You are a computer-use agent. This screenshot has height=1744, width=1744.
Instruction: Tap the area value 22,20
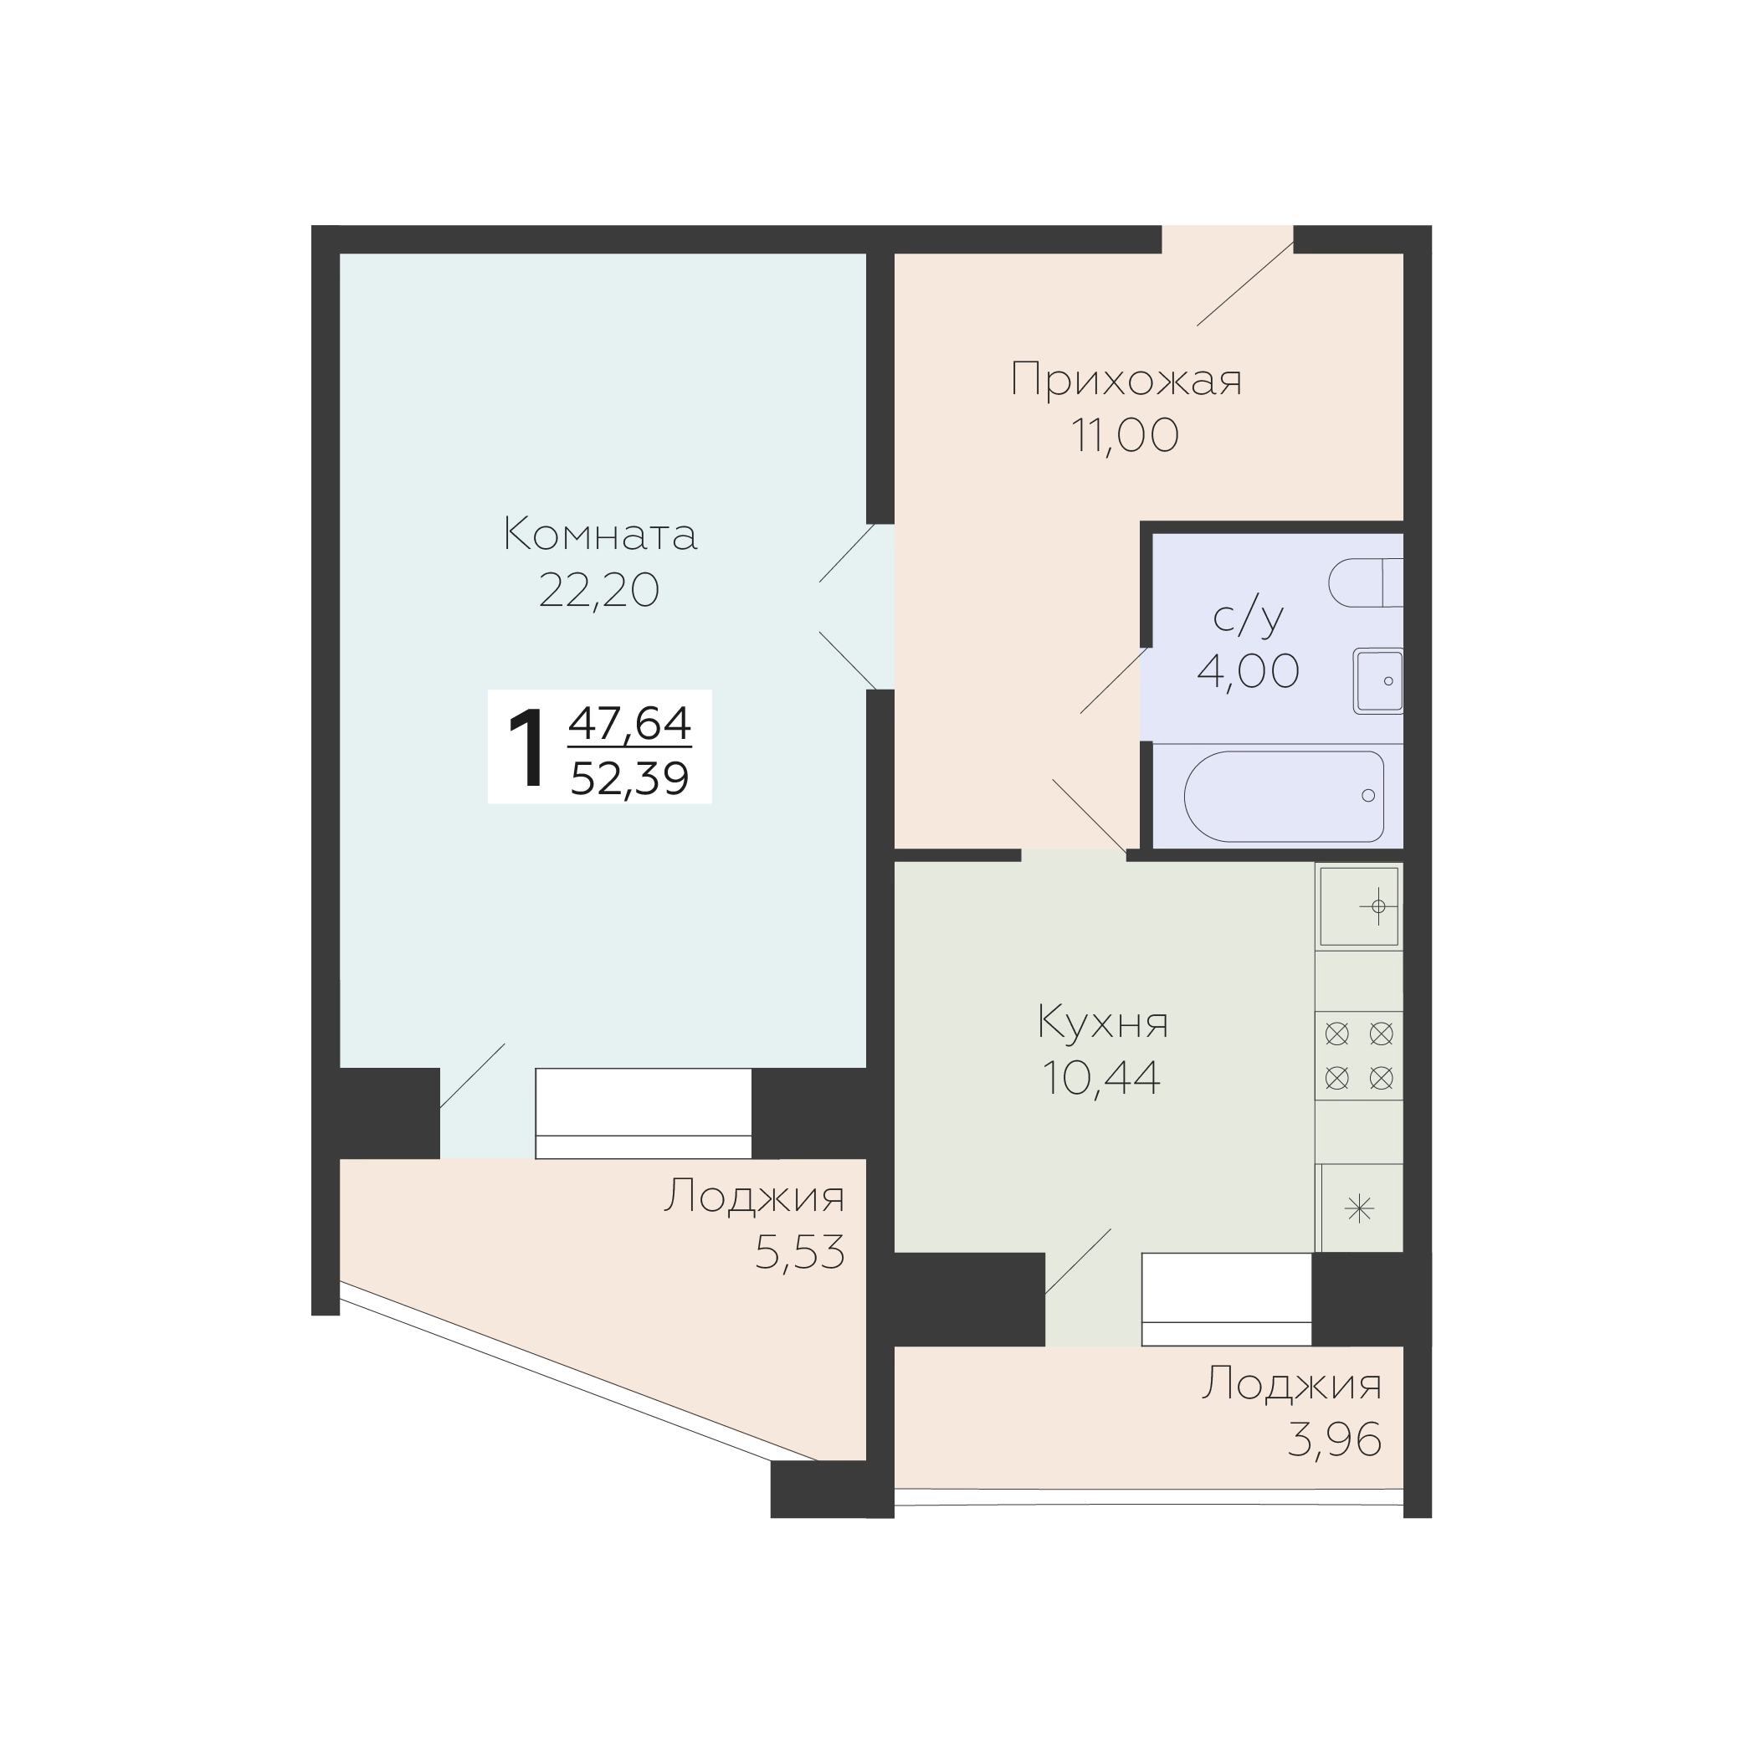pos(599,592)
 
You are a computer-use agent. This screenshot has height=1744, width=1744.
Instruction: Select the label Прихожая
pos(1126,379)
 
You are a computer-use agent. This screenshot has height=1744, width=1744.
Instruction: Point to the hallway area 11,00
pos(1126,435)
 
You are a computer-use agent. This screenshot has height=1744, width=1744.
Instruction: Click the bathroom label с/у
pos(1249,617)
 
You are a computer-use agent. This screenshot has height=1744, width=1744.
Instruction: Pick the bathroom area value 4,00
pos(1249,670)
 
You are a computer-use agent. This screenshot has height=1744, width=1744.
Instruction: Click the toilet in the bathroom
pos(1366,582)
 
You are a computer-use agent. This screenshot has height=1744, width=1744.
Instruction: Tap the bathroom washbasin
pos(1378,680)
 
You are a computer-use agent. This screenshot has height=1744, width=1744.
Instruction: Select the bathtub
pos(1284,796)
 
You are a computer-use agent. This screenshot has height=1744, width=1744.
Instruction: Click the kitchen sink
pos(1358,906)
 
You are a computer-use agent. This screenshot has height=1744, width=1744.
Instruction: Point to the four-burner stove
pos(1358,1055)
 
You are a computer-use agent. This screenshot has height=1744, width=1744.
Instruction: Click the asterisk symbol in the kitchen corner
pos(1359,1208)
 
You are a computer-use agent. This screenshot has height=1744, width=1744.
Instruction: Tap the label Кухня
pos(1102,1023)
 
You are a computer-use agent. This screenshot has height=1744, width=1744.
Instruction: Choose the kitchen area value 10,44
pos(1101,1078)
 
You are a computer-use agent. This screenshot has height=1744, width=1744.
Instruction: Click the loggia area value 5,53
pos(800,1252)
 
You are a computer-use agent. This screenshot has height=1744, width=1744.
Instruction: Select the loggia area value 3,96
pos(1334,1439)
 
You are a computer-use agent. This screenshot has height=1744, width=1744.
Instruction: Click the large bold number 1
pos(526,748)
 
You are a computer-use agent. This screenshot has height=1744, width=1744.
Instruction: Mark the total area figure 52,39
pos(630,778)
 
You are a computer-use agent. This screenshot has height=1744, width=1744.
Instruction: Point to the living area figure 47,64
pos(630,722)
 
